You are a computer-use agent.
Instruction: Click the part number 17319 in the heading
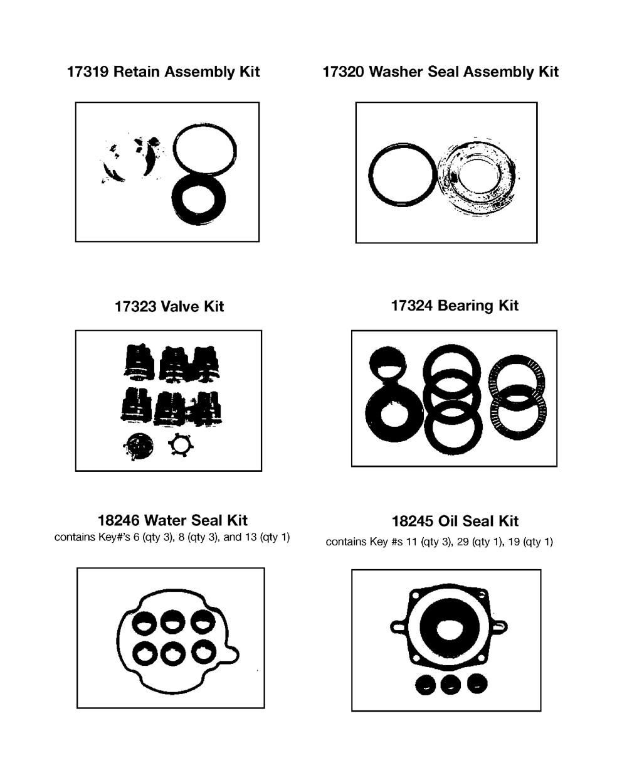pyautogui.click(x=88, y=72)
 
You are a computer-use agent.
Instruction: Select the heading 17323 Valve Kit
pyautogui.click(x=169, y=306)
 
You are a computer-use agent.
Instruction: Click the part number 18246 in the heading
pyautogui.click(x=119, y=521)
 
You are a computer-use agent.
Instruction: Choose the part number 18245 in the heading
pyautogui.click(x=413, y=521)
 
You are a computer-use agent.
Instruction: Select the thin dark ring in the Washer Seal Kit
pyautogui.click(x=371, y=175)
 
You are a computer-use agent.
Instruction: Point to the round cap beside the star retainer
pyautogui.click(x=138, y=446)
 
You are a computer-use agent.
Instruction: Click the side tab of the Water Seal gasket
pyautogui.click(x=233, y=654)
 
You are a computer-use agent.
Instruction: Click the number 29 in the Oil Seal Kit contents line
pyautogui.click(x=463, y=542)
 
